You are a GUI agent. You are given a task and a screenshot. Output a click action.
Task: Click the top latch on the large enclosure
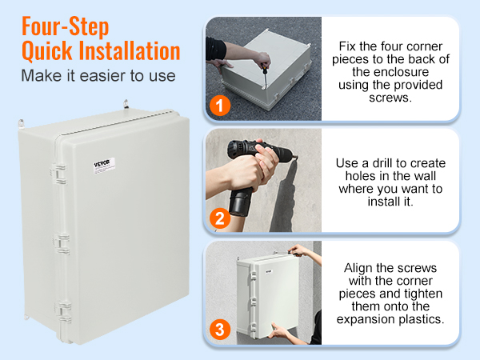[x=58, y=170]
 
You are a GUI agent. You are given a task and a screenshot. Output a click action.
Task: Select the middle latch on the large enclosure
[x=58, y=242]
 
